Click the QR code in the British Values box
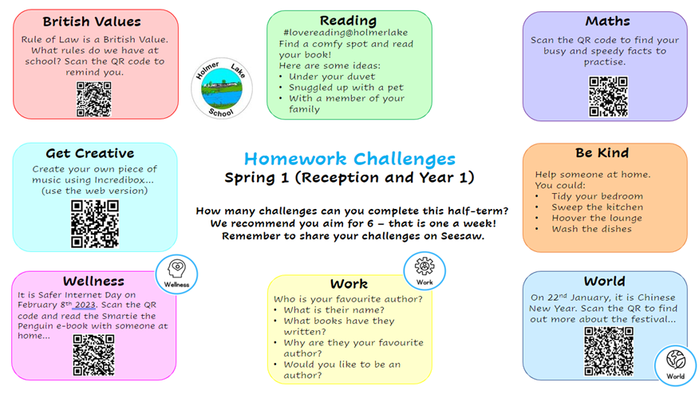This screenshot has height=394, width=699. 93,99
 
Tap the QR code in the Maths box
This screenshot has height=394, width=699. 608,97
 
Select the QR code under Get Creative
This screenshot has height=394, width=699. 95,223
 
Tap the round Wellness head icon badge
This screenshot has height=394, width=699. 176,272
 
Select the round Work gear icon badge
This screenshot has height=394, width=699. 425,271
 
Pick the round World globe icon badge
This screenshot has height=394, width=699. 675,364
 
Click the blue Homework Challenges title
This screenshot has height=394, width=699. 349,159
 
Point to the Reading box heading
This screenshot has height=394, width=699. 348,20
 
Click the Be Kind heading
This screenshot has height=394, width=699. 602,152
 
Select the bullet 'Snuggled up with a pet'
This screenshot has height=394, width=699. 342,87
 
